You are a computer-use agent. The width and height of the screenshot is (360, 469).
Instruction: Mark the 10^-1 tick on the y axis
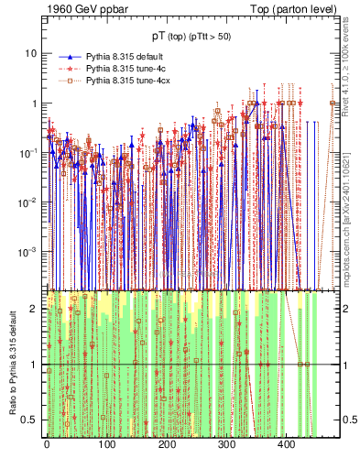29,152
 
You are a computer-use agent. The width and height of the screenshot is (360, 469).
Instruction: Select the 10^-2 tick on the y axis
29,202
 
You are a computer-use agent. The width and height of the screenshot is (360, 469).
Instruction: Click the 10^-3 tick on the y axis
29,251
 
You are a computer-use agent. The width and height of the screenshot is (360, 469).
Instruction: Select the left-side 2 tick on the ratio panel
35,309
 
